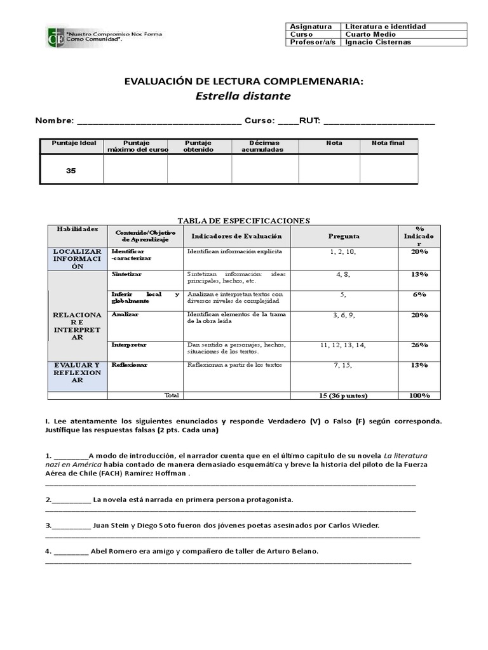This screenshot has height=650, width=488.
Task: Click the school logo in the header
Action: [55, 37]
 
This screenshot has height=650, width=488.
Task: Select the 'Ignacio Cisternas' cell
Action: [377, 43]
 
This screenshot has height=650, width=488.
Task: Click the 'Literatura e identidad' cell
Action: [385, 27]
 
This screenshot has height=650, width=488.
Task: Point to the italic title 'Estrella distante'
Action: [243, 96]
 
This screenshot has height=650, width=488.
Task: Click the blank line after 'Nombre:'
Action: [158, 121]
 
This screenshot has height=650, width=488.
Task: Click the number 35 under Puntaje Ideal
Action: [71, 171]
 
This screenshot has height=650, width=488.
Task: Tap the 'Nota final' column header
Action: [388, 143]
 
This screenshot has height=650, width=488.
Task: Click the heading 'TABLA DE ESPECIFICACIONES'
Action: [243, 220]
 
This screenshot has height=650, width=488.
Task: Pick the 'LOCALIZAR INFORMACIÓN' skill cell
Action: [77, 259]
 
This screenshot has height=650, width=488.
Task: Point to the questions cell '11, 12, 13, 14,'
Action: [342, 345]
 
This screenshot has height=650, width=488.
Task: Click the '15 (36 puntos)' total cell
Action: [342, 395]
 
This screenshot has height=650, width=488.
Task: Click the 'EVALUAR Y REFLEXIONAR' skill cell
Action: [77, 373]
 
